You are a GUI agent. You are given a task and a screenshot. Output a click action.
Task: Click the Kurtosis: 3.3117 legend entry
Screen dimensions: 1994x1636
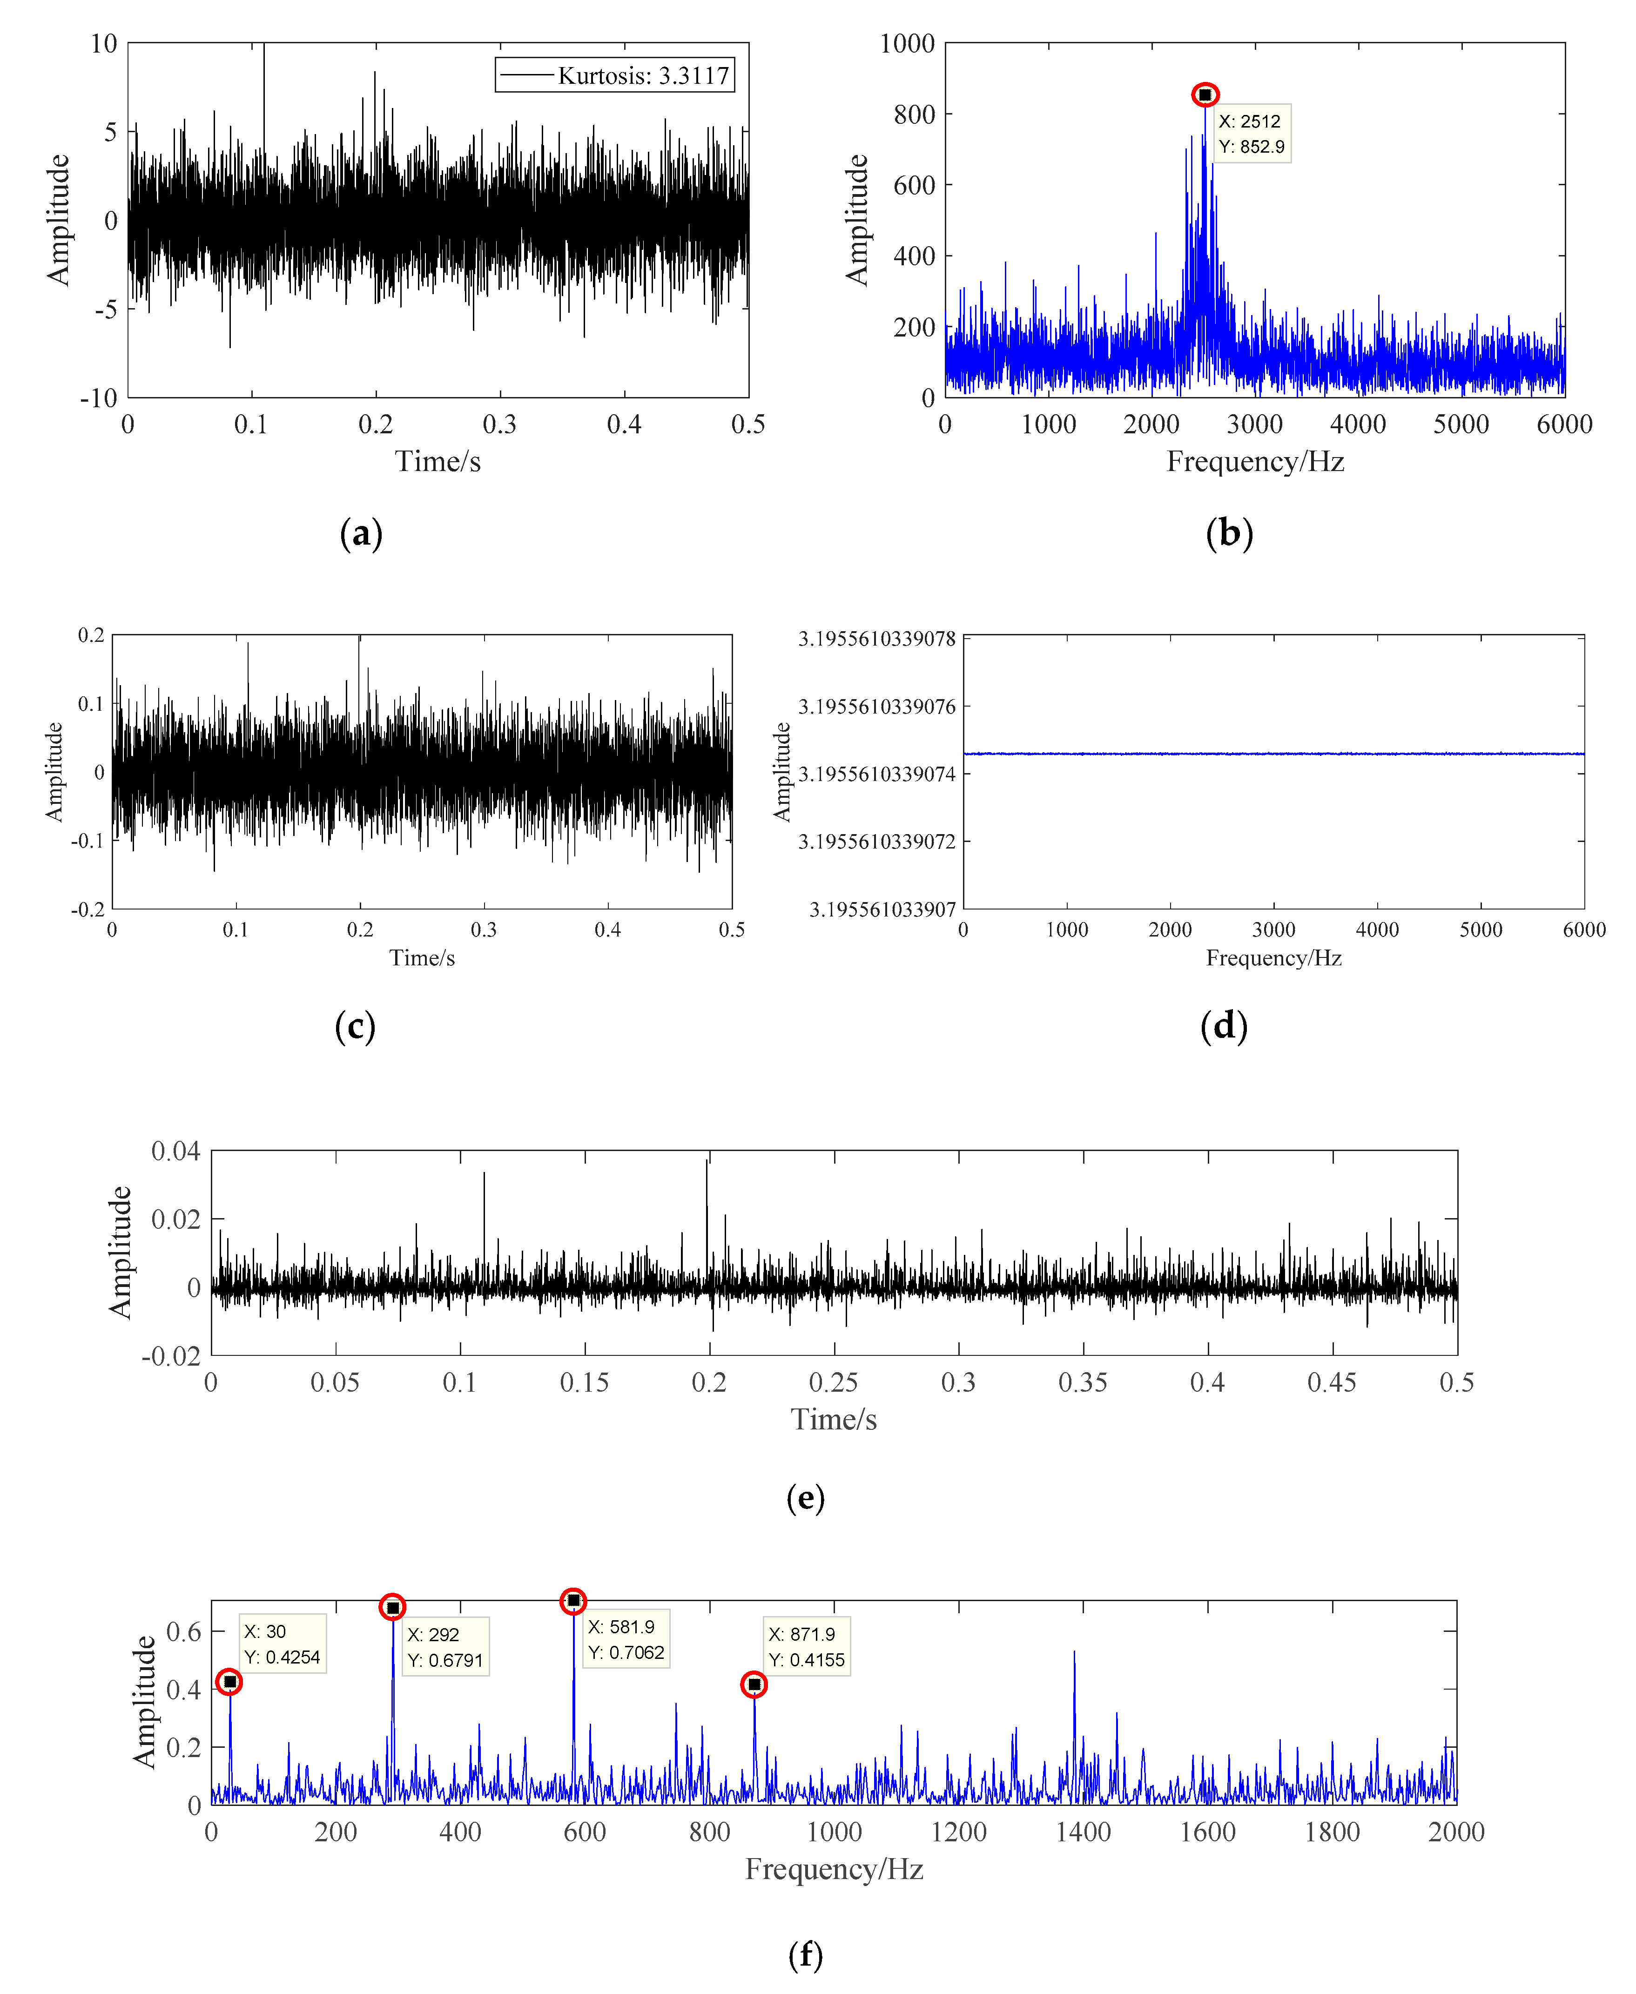click(614, 75)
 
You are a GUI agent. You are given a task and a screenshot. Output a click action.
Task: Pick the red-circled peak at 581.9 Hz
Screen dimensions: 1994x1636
click(573, 1601)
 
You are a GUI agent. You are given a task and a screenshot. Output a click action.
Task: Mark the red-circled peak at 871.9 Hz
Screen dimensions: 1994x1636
click(754, 1684)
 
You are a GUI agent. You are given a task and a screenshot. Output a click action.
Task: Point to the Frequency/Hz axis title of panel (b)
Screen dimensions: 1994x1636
click(1255, 462)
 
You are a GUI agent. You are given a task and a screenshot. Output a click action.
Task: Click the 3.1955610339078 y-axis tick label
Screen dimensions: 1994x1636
click(876, 639)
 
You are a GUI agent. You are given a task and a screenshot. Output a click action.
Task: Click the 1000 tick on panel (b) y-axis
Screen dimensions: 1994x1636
click(907, 43)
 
